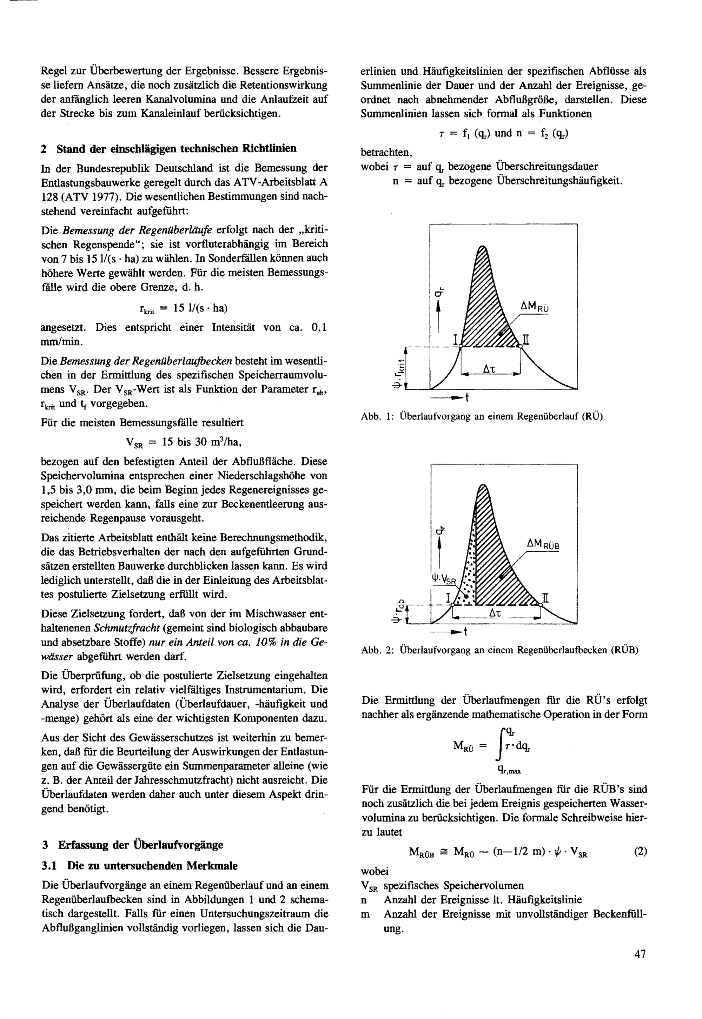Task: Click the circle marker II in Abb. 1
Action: click(520, 347)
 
